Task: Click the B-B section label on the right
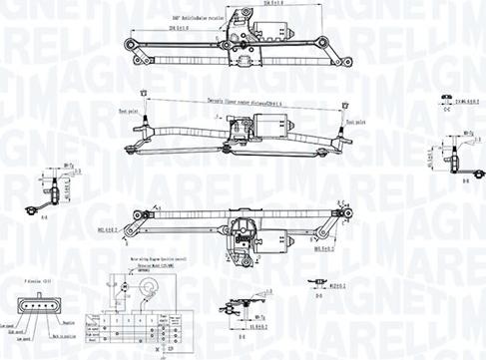click(465, 181)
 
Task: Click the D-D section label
click(317, 296)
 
